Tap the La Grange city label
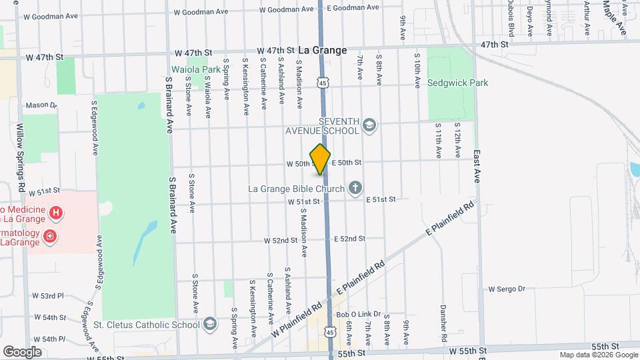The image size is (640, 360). (x=323, y=50)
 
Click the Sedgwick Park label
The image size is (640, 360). (x=457, y=83)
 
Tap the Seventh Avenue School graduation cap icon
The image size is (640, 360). (x=369, y=125)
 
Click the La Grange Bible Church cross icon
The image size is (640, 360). (x=355, y=188)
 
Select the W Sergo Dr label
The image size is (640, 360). (x=507, y=289)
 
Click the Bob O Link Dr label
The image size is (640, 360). (x=358, y=314)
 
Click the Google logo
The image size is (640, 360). (x=22, y=351)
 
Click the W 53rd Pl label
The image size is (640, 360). (x=47, y=295)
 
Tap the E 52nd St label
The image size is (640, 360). (x=350, y=239)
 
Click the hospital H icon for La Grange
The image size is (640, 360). (x=57, y=213)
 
